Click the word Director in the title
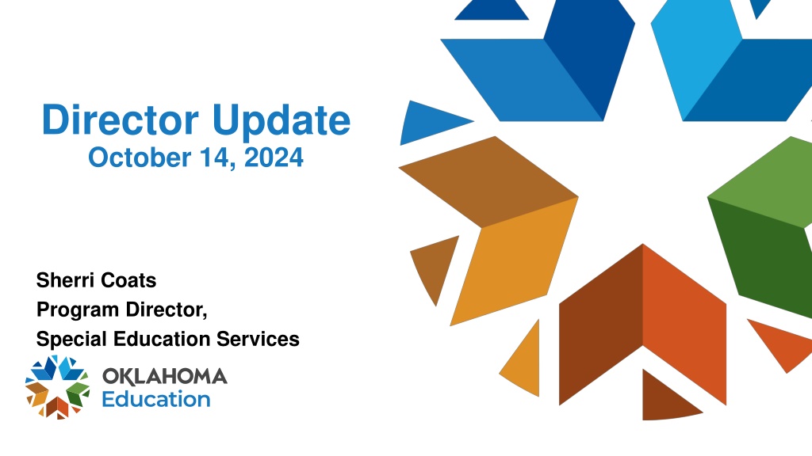coord(121,120)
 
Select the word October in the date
coord(140,158)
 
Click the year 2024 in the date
coord(274,158)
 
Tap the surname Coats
coord(128,280)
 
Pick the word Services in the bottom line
coord(258,339)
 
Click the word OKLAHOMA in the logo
coord(165,376)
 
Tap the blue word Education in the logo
coord(156,400)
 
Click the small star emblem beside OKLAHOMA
coord(57,386)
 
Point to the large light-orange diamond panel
coord(514,261)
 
